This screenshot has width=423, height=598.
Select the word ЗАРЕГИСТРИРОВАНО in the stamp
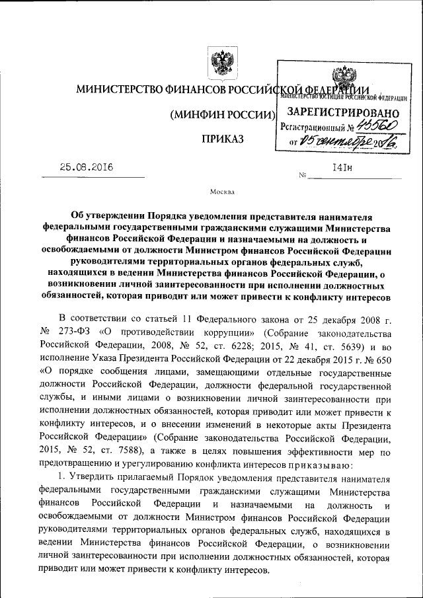pyautogui.click(x=343, y=113)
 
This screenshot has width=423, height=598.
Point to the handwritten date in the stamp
pyautogui.click(x=347, y=140)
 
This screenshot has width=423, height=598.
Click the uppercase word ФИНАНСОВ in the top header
pyautogui.click(x=192, y=89)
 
